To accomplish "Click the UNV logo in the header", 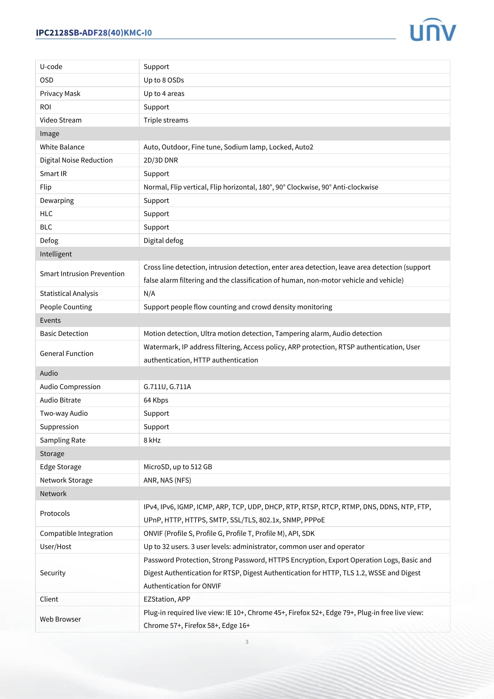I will [432, 30].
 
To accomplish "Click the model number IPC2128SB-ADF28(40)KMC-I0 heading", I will [94, 33].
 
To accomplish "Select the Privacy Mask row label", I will [60, 94].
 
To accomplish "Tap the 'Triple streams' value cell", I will [166, 120].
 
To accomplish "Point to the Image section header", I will [50, 134].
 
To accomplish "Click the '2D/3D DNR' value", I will [161, 160].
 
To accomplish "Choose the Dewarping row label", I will [57, 201].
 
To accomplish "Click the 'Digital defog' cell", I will [163, 241].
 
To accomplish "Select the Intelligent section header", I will [56, 254].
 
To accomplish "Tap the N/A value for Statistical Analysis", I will [149, 293].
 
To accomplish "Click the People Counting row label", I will [66, 307].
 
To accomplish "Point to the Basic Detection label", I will [64, 334].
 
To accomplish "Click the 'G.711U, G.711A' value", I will [167, 387].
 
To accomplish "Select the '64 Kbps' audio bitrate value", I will [156, 400].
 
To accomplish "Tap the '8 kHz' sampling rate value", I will [152, 440].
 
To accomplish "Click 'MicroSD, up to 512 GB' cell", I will [178, 467].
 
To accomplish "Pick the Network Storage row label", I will [66, 480].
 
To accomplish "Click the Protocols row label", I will [55, 513].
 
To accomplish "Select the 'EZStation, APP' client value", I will [167, 599].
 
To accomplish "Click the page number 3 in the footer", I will [247, 642].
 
